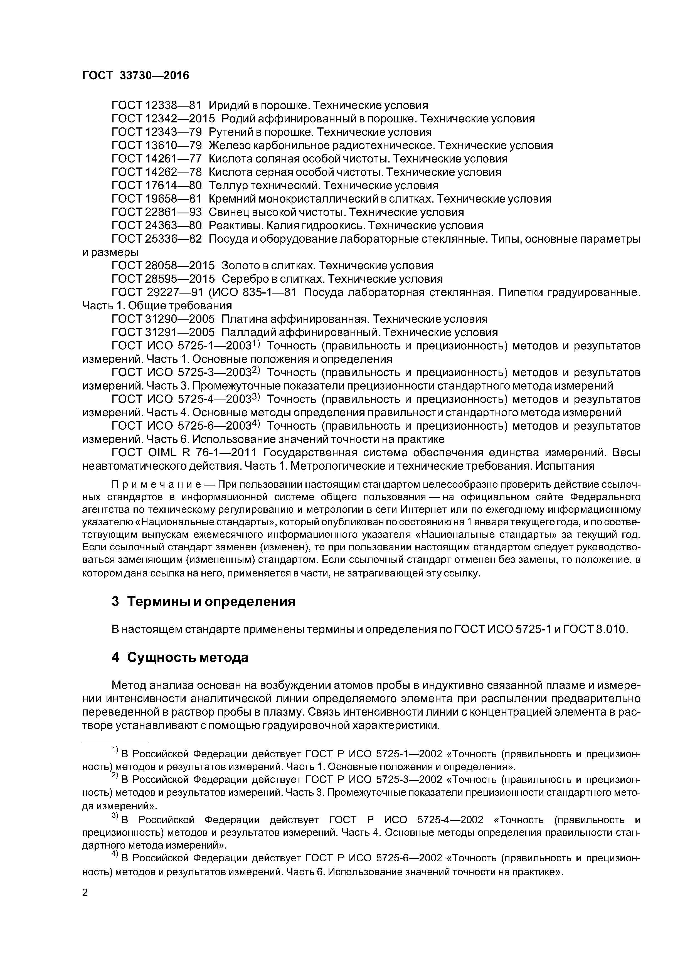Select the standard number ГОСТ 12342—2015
click(x=163, y=119)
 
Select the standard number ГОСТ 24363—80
click(x=156, y=225)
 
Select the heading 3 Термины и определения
click(x=203, y=602)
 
